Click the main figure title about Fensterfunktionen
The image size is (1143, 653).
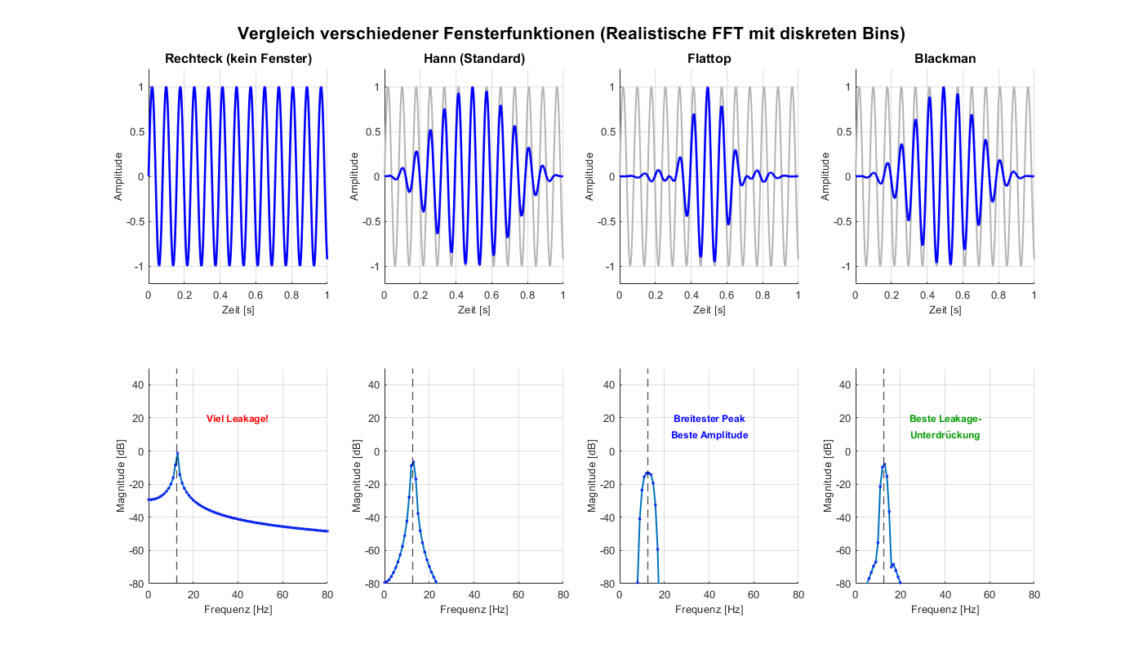(x=571, y=33)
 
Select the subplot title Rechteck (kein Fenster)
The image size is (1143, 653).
(x=238, y=59)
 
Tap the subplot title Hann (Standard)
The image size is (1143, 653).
(x=474, y=59)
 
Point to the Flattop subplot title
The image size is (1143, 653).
(x=709, y=59)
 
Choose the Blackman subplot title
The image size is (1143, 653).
(x=945, y=59)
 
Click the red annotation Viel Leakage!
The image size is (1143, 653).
(x=237, y=419)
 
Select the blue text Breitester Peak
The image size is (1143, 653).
(x=709, y=419)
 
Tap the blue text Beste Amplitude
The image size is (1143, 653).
(x=709, y=435)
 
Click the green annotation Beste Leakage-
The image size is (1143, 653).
(x=945, y=419)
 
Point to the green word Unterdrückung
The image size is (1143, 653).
(x=945, y=435)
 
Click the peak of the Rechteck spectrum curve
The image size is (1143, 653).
(x=177, y=453)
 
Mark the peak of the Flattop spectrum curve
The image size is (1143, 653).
(x=647, y=473)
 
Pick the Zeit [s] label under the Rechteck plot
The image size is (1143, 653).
(x=238, y=310)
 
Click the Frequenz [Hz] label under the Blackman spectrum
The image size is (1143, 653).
(x=945, y=610)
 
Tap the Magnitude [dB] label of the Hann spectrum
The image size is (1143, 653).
(x=356, y=476)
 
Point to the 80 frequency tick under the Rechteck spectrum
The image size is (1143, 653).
(x=327, y=595)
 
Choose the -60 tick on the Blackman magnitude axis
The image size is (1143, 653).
(x=843, y=551)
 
